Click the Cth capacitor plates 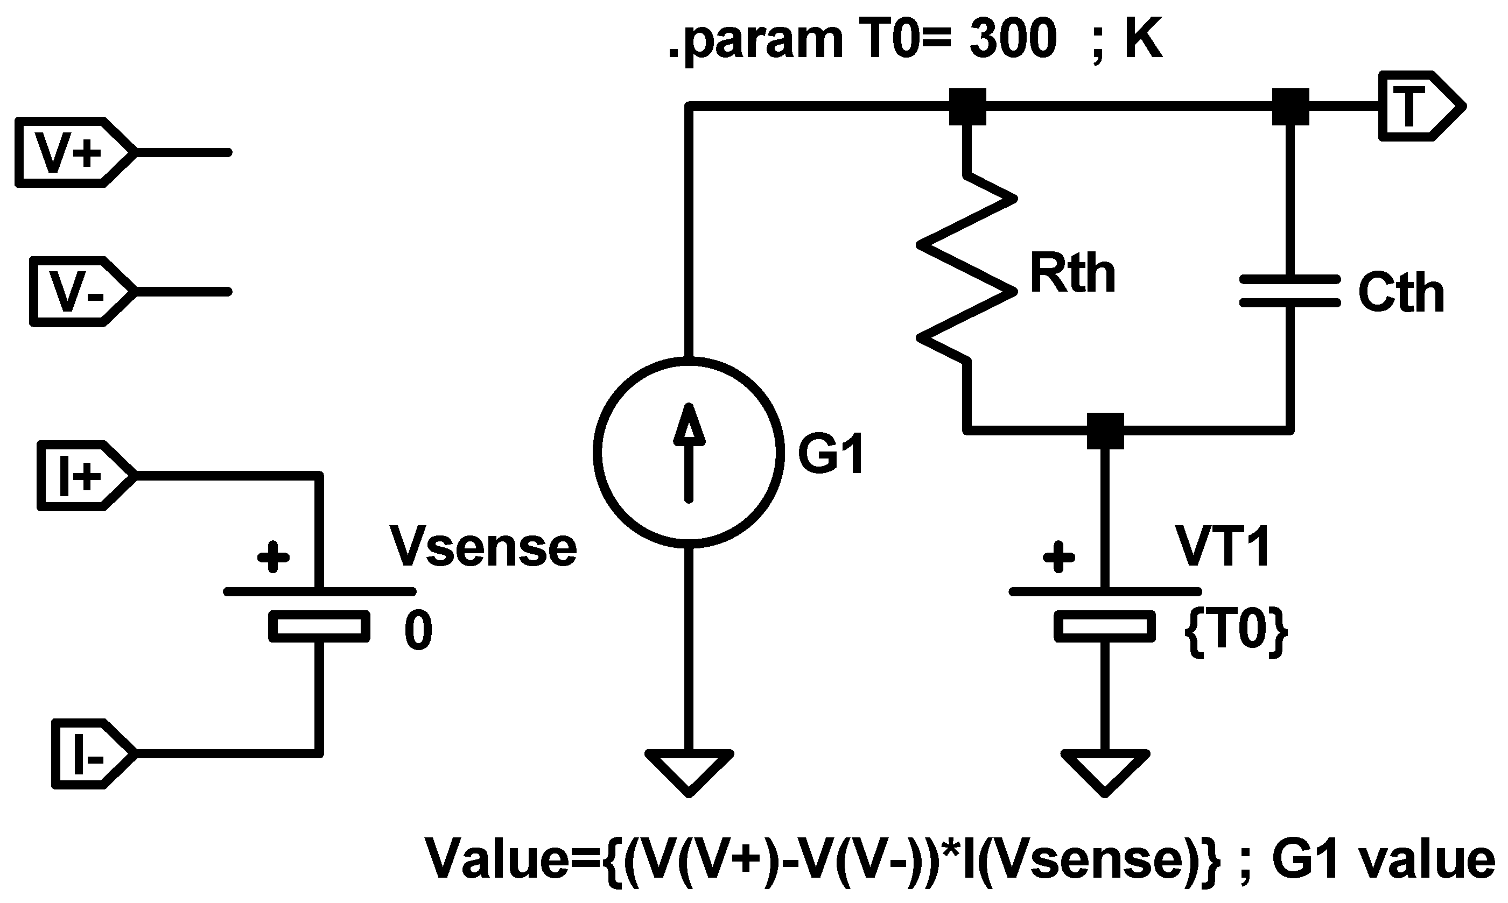pos(1290,291)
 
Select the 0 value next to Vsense pos(419,631)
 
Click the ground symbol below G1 pos(689,773)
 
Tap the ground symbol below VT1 pos(1105,773)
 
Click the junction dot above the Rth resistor pos(967,107)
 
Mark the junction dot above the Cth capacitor pos(1290,107)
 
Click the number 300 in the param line pos(1013,39)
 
